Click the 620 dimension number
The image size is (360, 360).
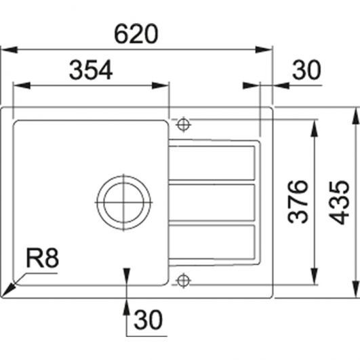click(136, 34)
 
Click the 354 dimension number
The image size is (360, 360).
click(91, 70)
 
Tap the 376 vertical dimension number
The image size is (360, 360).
click(298, 202)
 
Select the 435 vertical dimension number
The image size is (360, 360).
click(339, 203)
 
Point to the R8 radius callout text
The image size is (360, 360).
click(43, 258)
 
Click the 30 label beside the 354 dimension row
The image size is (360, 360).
click(306, 70)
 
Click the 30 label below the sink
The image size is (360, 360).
click(148, 319)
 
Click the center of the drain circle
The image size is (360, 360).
click(124, 202)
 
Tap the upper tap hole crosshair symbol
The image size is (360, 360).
click(183, 125)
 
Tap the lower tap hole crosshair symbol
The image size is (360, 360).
click(183, 280)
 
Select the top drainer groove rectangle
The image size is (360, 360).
click(212, 163)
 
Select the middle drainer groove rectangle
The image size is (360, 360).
click(212, 202)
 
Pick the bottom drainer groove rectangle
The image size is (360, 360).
click(212, 241)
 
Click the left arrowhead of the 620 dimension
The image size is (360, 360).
click(9, 49)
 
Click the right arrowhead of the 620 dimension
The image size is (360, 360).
click(264, 49)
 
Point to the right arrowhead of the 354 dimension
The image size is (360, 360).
click(161, 85)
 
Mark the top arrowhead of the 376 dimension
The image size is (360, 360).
click(315, 128)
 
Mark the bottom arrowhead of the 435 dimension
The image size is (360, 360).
click(356, 289)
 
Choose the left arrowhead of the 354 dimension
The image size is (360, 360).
click(22, 85)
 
